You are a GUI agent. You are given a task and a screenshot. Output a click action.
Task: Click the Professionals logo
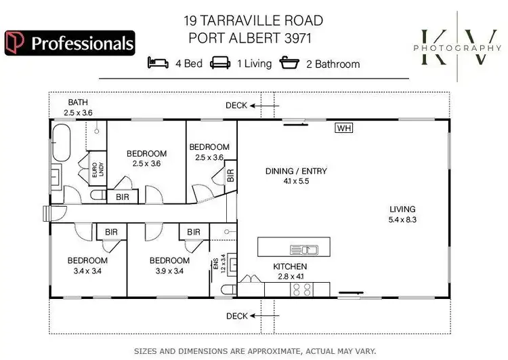69,43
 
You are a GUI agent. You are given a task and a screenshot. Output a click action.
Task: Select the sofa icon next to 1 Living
219,64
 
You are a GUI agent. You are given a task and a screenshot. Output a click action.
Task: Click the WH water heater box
344,127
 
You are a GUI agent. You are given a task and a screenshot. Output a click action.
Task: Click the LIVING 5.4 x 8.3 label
402,214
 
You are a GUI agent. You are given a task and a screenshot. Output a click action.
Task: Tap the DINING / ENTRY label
295,176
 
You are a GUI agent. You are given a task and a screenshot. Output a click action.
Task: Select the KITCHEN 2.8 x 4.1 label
290,271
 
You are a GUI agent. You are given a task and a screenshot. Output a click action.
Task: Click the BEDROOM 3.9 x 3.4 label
169,265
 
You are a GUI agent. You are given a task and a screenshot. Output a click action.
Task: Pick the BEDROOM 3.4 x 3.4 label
87,265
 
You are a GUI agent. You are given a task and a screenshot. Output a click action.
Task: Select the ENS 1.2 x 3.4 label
217,264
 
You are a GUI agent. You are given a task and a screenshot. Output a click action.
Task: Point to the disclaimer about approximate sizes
254,351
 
